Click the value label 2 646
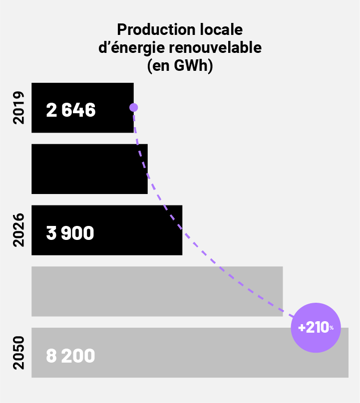[x=70, y=110]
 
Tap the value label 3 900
[x=70, y=233]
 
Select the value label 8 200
[x=70, y=356]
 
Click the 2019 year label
[x=18, y=107]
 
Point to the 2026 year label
[x=18, y=230]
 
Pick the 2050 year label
[x=18, y=353]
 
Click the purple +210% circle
[x=316, y=328]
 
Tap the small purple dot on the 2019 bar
[x=133, y=107]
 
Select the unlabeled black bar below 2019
[x=89, y=169]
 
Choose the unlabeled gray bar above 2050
[x=157, y=291]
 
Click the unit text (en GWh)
[x=180, y=66]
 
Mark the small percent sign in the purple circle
[x=331, y=328]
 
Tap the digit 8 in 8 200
[x=51, y=356]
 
